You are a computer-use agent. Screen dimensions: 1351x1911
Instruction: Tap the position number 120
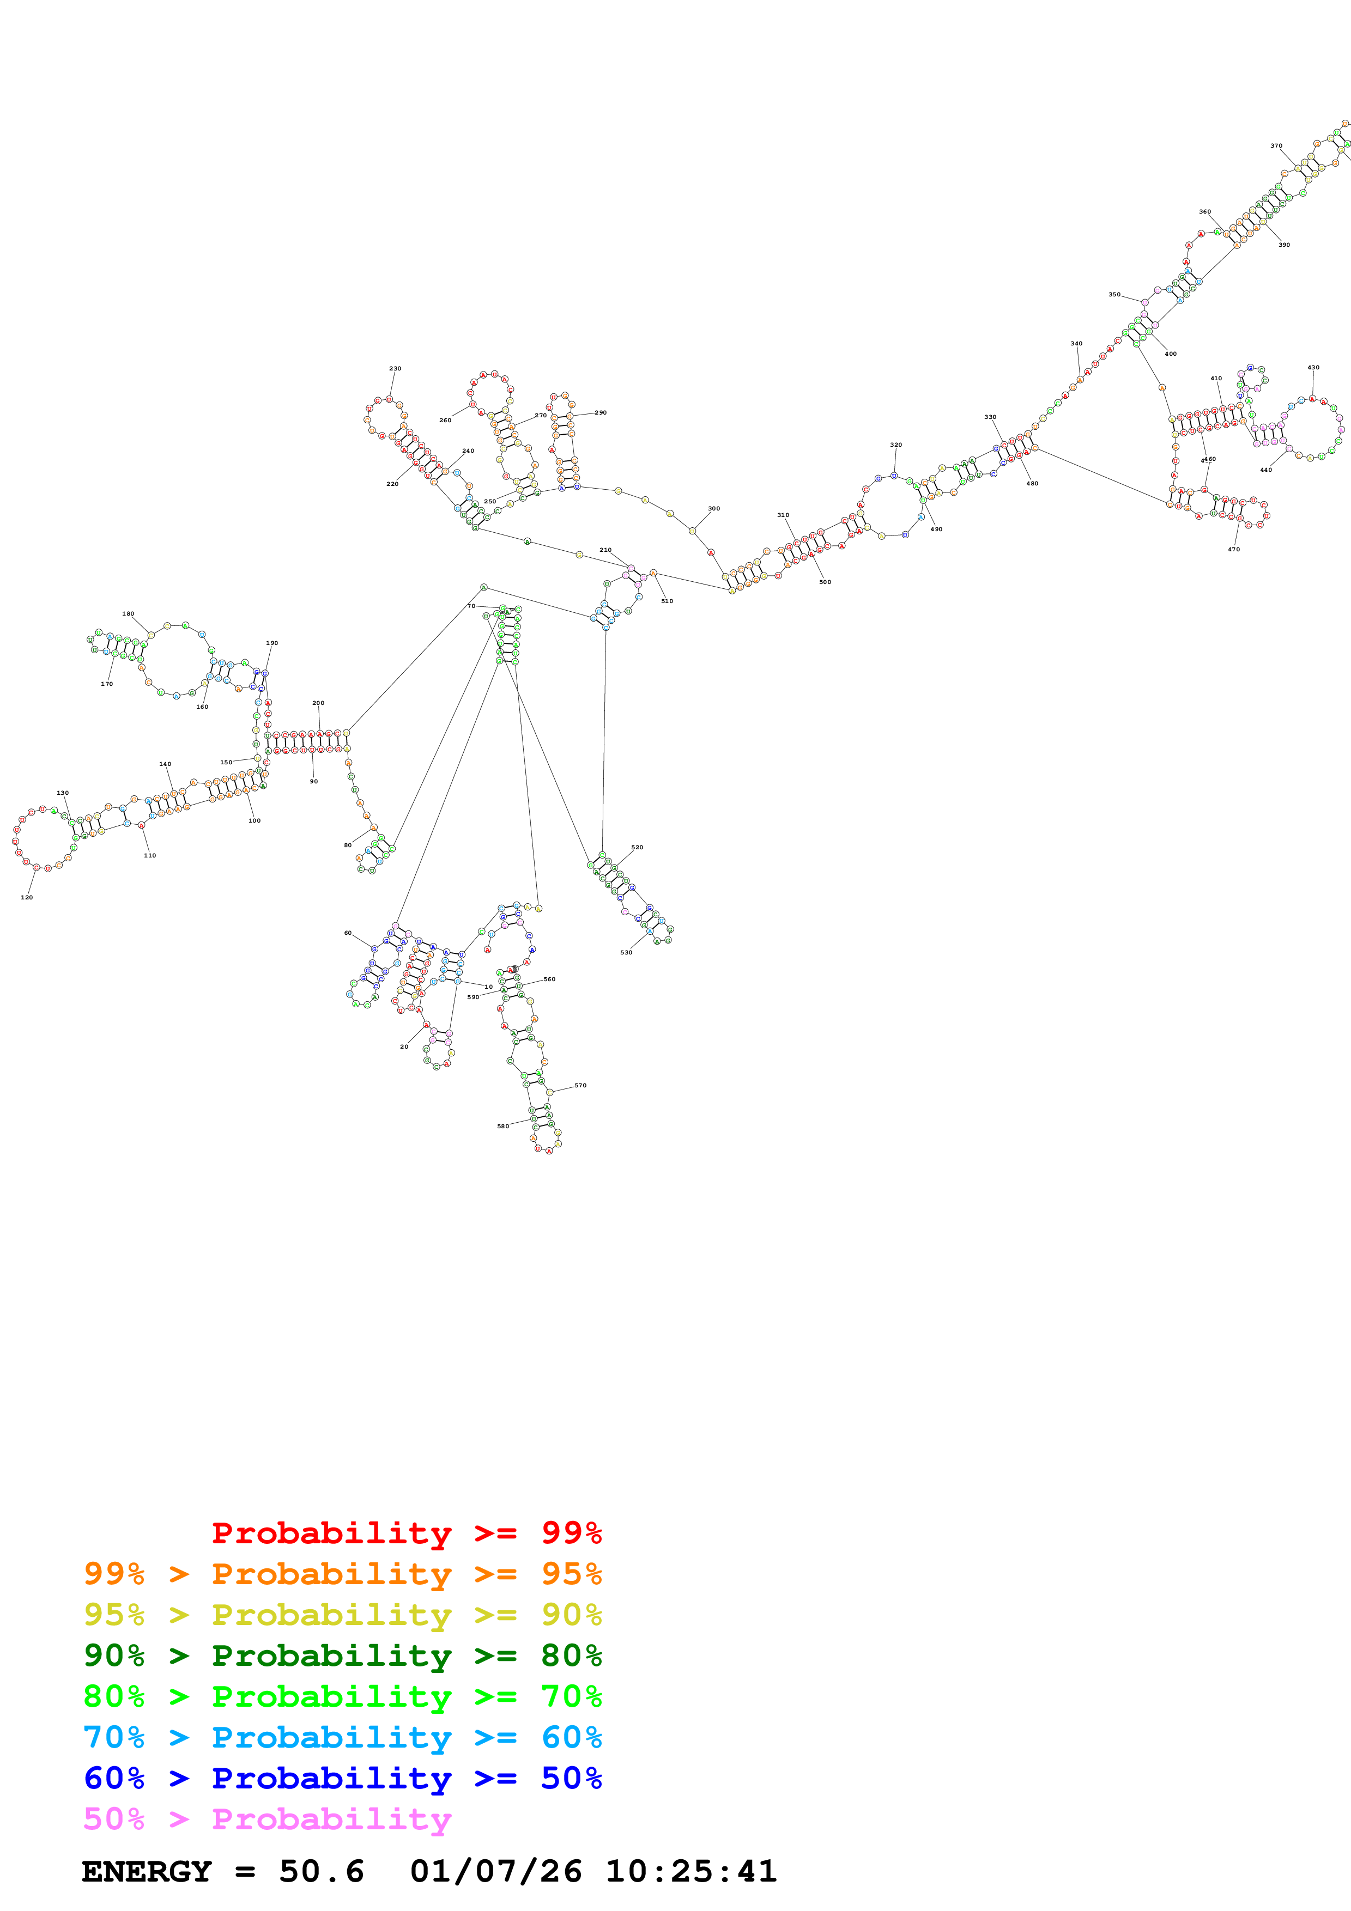click(x=27, y=897)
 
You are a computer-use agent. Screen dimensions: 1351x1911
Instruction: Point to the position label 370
click(x=1276, y=145)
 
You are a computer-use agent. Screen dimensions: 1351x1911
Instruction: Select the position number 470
click(x=1234, y=549)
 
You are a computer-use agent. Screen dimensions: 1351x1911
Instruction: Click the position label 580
click(x=503, y=1126)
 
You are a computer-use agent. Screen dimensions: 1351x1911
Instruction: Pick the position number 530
click(x=626, y=952)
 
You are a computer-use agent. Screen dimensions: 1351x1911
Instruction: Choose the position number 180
click(x=128, y=613)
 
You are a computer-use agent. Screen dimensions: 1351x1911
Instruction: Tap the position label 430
click(x=1313, y=367)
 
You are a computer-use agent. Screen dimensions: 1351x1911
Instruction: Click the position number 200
click(x=318, y=703)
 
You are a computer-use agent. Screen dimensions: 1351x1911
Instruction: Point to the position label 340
click(x=1076, y=343)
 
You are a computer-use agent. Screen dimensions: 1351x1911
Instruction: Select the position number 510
click(x=667, y=601)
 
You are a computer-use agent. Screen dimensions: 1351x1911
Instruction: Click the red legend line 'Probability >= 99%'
click(x=406, y=1533)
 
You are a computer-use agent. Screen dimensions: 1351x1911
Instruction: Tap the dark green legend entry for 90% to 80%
click(x=342, y=1656)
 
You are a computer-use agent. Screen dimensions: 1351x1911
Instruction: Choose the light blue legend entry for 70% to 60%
click(x=342, y=1737)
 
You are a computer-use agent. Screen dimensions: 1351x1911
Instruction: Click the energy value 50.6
click(x=322, y=1871)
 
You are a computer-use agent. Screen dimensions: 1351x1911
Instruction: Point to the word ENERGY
click(x=147, y=1871)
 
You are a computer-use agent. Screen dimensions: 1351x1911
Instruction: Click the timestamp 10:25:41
click(x=691, y=1871)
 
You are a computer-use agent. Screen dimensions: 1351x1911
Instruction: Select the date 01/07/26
click(x=496, y=1871)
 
